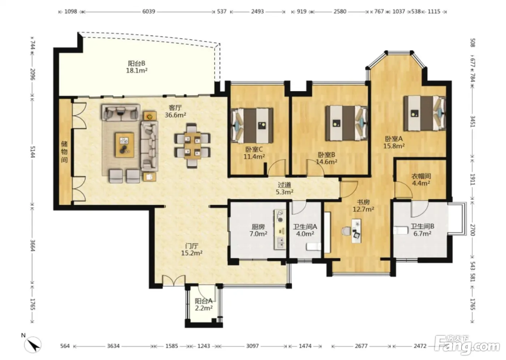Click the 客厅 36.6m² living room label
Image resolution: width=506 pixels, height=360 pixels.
[175, 111]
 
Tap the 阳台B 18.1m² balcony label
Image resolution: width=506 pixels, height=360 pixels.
[137, 67]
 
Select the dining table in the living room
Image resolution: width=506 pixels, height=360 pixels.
[192, 145]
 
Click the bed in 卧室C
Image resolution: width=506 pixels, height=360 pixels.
[252, 125]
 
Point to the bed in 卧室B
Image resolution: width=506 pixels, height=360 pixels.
[347, 123]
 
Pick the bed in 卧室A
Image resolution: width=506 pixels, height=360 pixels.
[425, 113]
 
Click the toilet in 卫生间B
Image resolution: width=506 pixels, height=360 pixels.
[400, 230]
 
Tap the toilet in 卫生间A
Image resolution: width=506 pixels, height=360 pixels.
[314, 247]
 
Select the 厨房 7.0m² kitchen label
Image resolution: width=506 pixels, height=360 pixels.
[258, 230]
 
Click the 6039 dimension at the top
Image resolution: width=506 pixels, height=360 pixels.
[149, 11]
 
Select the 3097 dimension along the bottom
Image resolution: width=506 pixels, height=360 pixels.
[252, 346]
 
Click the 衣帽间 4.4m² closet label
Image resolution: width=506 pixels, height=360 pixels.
[421, 179]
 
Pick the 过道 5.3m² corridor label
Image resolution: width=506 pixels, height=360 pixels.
[284, 188]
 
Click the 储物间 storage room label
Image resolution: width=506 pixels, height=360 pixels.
[64, 152]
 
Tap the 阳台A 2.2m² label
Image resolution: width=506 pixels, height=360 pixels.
[203, 304]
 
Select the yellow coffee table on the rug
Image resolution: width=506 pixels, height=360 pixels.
[124, 145]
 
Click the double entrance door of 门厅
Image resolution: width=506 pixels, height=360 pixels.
[174, 280]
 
